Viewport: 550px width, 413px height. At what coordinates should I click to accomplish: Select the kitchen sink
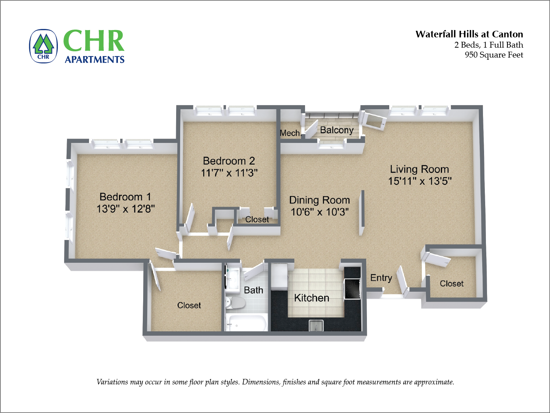coord(316,325)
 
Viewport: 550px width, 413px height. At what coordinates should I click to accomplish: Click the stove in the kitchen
coord(352,289)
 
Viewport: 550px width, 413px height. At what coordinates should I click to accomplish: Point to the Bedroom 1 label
coord(125,197)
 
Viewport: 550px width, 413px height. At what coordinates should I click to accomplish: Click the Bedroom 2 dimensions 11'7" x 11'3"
coord(229,173)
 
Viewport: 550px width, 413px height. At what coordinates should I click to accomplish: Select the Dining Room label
coord(319,200)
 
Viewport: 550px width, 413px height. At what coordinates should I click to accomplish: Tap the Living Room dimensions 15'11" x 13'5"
coord(420,181)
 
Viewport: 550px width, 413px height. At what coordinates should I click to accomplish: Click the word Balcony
coord(337,130)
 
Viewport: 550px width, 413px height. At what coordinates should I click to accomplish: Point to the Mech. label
coord(290,133)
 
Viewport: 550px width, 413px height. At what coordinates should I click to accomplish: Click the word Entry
coord(381,278)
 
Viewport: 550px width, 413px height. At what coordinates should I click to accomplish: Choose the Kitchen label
coord(312,298)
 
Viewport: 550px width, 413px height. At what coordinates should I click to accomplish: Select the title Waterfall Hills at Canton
coord(469,34)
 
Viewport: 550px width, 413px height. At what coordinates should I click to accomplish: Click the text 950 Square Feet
coord(494,55)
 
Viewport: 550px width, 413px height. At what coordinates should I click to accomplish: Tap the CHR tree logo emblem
coord(43,46)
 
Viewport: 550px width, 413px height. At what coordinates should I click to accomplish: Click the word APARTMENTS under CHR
coord(94,59)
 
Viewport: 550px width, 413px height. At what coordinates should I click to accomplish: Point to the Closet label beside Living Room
coord(451,284)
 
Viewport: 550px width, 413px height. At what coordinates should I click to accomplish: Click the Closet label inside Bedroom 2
coord(257,220)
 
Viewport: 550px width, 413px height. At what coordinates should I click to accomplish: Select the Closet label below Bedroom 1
coord(189,305)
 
